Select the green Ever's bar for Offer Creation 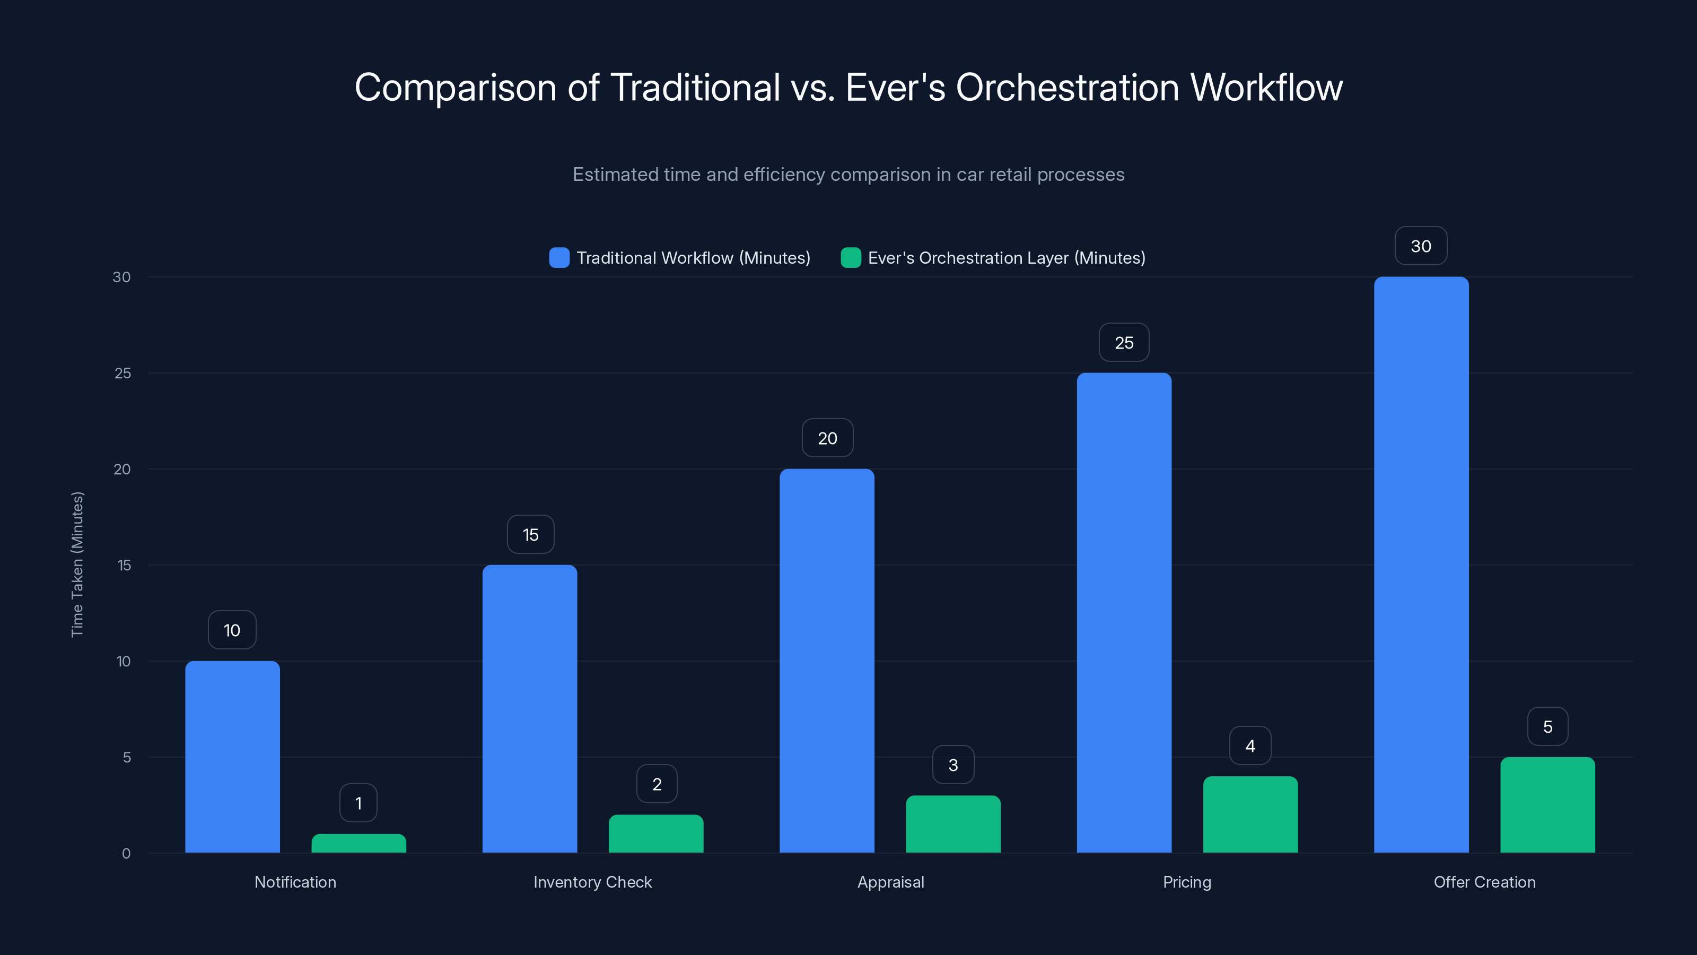point(1547,805)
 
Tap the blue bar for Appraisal point(827,661)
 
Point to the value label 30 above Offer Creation point(1421,246)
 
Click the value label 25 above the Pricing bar point(1124,343)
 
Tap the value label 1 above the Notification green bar point(358,803)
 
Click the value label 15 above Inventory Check point(530,534)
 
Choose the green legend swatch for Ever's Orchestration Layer point(851,258)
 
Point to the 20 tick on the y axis point(122,469)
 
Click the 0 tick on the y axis point(126,854)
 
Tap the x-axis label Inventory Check point(592,882)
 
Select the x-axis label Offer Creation point(1484,882)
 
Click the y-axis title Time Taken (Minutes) point(77,564)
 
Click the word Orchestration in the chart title point(1067,87)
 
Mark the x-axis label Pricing point(1186,882)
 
